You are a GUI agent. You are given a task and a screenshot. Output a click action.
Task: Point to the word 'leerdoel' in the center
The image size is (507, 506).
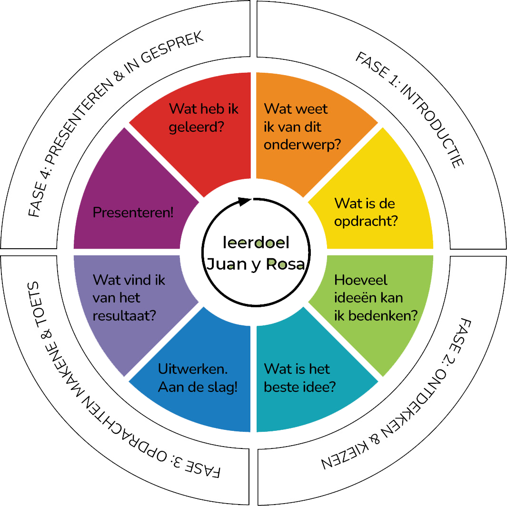pos(256,243)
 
